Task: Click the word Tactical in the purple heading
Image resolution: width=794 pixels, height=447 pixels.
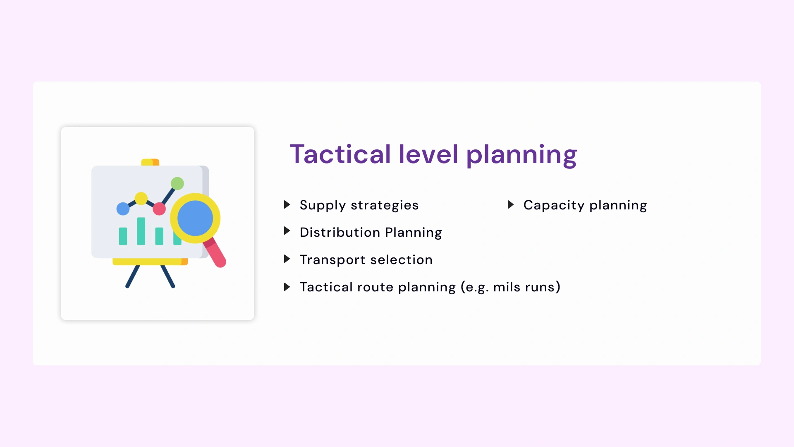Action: pos(340,154)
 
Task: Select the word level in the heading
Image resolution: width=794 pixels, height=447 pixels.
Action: pos(428,154)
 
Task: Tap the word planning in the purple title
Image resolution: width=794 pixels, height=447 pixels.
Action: pos(521,155)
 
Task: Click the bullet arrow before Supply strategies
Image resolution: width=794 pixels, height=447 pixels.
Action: pos(287,204)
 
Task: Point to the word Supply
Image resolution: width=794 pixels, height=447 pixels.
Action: pos(323,205)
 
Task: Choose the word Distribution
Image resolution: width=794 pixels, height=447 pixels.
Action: pos(340,232)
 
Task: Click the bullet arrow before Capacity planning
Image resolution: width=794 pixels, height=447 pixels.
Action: pos(511,204)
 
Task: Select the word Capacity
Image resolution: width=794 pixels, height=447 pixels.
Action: pos(554,205)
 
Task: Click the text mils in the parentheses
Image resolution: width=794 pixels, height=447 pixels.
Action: pos(507,287)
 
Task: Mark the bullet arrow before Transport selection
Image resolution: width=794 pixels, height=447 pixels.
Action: pos(287,259)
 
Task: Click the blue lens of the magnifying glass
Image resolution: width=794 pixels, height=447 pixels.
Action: pos(195,218)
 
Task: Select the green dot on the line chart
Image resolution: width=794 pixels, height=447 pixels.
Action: pos(177,183)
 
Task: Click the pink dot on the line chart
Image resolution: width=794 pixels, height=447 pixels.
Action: pos(159,209)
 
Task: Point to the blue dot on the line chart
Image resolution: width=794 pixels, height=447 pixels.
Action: pos(123,209)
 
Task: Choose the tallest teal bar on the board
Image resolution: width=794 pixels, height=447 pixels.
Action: pos(141,231)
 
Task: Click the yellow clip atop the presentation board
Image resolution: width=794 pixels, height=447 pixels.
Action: pos(150,162)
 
